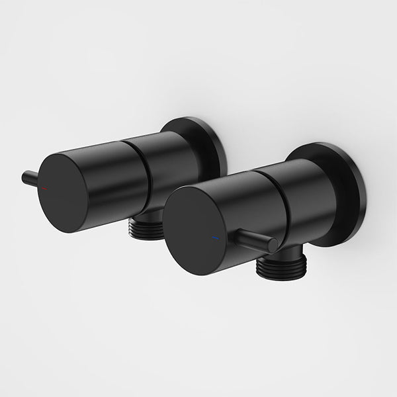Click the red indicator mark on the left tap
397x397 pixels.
[45, 189]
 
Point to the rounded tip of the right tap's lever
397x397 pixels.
[273, 245]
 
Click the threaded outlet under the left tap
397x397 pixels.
[145, 226]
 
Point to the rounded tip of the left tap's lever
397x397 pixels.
[25, 176]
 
